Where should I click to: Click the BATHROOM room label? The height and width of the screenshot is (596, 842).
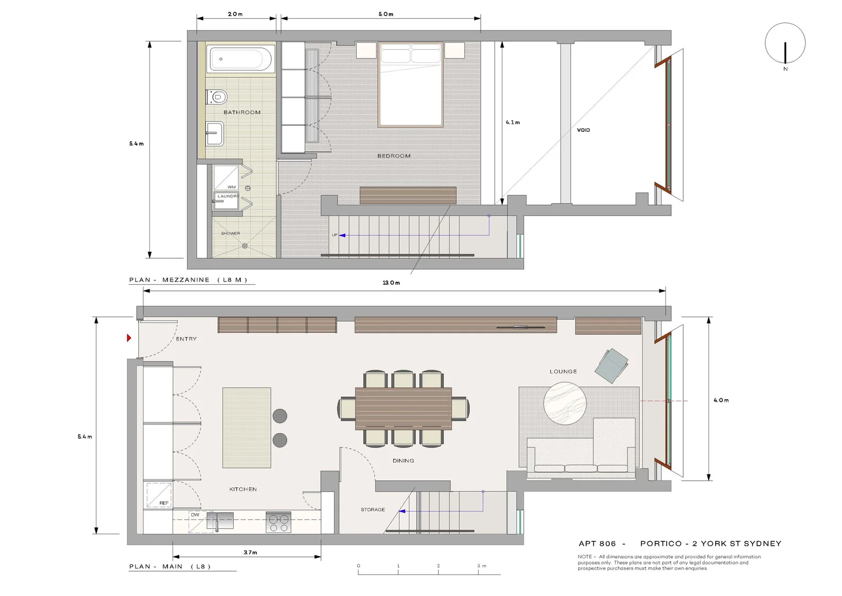coord(242,113)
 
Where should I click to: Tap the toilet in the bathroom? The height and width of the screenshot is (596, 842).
coord(218,98)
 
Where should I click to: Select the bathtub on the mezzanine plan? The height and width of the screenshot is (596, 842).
coord(240,59)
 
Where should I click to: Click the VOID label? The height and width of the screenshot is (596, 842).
coord(583,130)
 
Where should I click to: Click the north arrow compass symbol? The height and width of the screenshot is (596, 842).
coord(785,44)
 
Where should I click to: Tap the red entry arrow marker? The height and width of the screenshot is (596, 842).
coord(129,338)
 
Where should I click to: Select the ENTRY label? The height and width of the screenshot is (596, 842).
coord(186,339)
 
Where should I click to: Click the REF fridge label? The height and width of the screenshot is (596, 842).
coord(164,503)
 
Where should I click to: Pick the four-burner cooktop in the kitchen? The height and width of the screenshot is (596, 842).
coord(278,522)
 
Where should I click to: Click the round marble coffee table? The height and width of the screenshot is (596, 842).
coord(565,403)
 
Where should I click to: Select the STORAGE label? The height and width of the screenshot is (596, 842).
coord(373,510)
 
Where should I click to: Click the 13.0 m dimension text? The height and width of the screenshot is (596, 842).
coord(391,283)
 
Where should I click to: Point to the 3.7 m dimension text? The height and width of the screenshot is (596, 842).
coord(250,552)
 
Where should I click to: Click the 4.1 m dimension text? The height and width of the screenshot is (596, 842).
coord(513,123)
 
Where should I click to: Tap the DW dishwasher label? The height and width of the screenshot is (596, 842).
coord(195,515)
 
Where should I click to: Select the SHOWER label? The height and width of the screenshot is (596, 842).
coord(230,233)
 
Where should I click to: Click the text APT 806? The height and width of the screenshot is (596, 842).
coord(597,544)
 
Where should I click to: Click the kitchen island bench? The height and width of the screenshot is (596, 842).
coord(246,428)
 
